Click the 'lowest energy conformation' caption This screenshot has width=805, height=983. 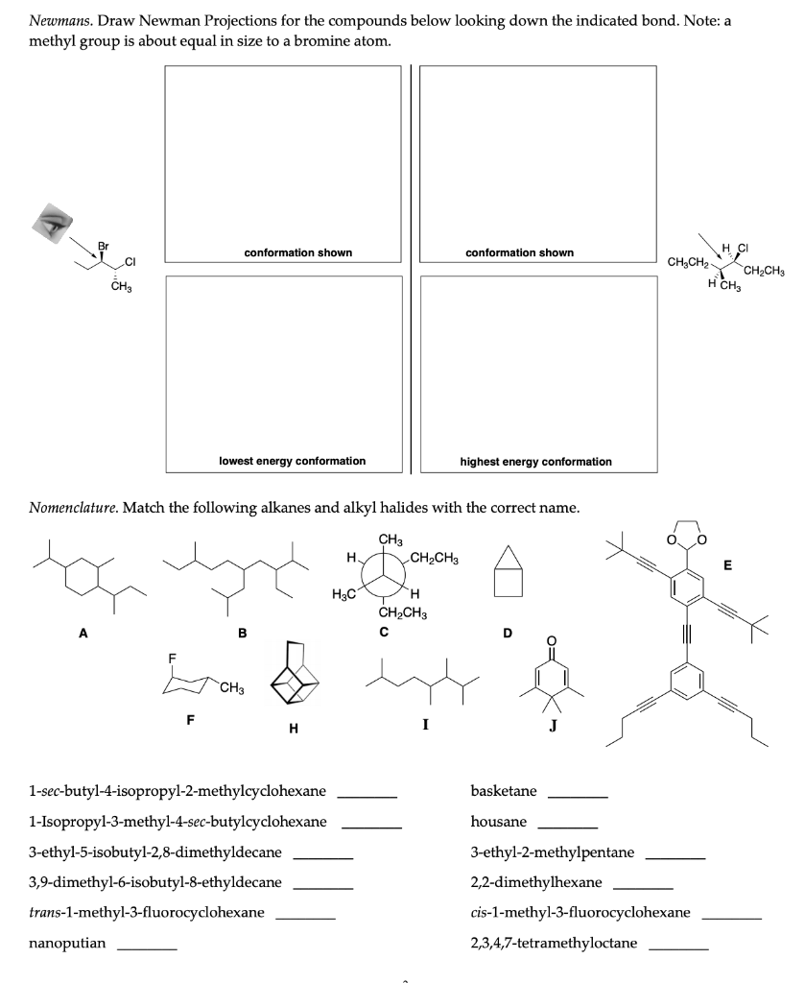pyautogui.click(x=292, y=461)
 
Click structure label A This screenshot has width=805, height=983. pyautogui.click(x=83, y=633)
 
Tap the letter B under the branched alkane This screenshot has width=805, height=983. pyautogui.click(x=242, y=633)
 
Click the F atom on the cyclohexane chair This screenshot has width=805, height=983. pyautogui.click(x=173, y=659)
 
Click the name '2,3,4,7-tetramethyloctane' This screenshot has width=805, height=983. pyautogui.click(x=555, y=943)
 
